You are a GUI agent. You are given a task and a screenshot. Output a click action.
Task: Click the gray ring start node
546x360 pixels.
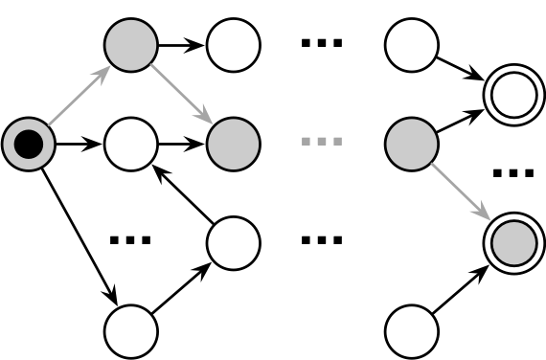[29, 145]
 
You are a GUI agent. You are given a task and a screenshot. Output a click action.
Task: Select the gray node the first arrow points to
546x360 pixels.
[130, 45]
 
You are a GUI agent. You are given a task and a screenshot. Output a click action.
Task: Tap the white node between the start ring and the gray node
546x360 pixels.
[130, 145]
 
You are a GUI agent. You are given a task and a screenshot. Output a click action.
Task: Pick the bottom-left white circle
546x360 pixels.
[130, 332]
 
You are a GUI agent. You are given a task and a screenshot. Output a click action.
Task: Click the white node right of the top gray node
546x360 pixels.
[234, 45]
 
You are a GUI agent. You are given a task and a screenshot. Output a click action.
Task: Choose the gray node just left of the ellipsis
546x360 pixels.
[234, 145]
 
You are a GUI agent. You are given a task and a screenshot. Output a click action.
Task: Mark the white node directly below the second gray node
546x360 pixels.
[234, 242]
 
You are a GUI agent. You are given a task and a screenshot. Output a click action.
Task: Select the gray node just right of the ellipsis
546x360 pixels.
[412, 145]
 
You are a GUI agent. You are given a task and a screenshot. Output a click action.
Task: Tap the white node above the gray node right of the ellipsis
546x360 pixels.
[412, 45]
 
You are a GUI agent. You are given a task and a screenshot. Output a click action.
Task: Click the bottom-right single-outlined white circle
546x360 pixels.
[412, 332]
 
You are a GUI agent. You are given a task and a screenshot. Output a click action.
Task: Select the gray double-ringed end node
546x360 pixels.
[514, 242]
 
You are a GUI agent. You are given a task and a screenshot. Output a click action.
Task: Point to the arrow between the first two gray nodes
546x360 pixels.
[181, 94]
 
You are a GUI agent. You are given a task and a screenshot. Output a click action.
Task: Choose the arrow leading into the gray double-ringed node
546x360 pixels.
[461, 191]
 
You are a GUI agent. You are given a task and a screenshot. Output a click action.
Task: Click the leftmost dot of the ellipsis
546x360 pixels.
[307, 142]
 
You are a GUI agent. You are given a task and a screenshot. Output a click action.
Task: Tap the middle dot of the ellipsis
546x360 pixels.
[322, 142]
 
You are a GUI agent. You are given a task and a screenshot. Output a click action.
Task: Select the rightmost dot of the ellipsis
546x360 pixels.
[337, 142]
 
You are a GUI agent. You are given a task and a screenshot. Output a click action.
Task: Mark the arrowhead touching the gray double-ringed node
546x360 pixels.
[486, 214]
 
